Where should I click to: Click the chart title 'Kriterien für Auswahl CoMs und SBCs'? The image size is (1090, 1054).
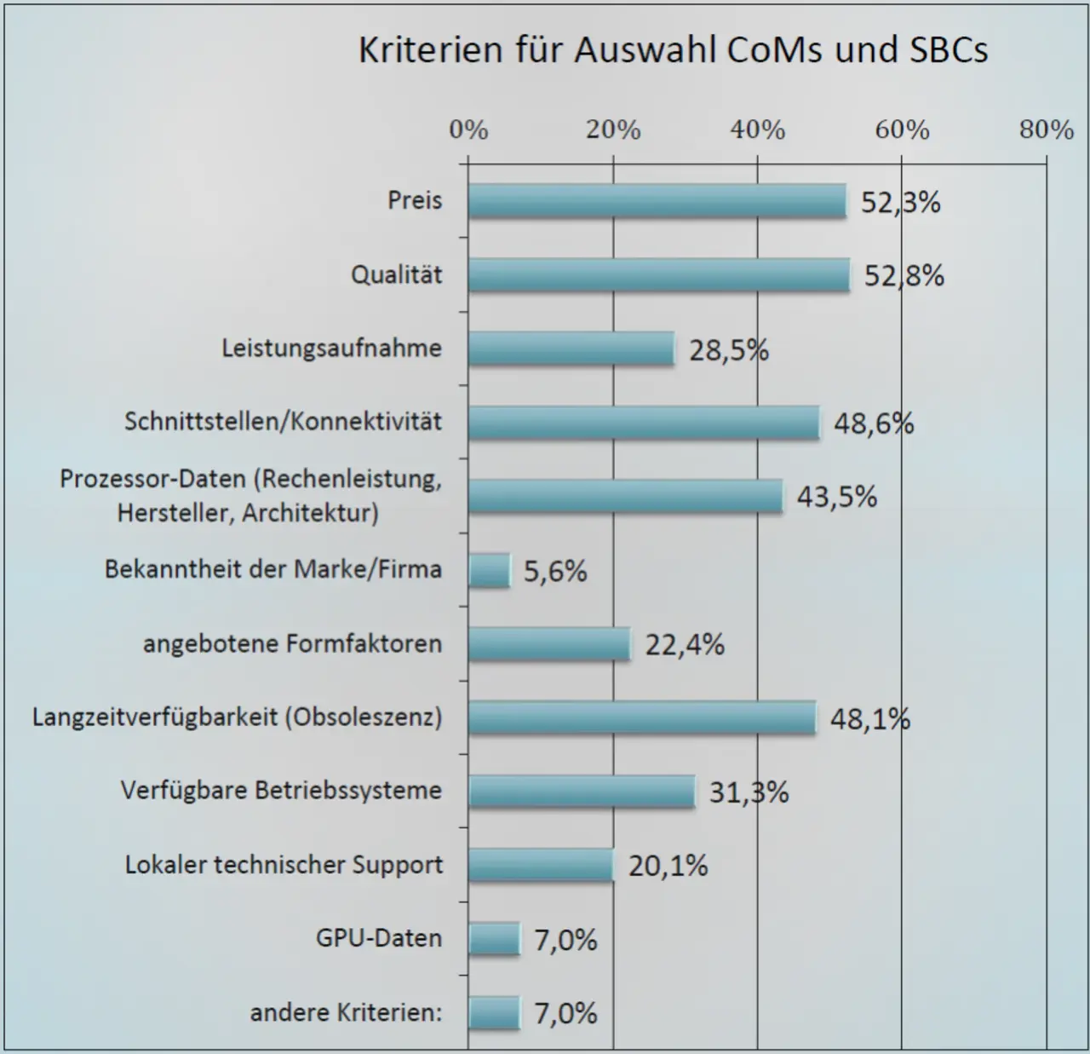pyautogui.click(x=673, y=50)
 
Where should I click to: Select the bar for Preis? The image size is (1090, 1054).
pyautogui.click(x=657, y=202)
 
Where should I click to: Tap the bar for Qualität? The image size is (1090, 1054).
pyautogui.click(x=659, y=275)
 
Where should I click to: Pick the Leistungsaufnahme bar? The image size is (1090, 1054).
pyautogui.click(x=571, y=349)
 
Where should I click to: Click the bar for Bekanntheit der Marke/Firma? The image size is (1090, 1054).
pyautogui.click(x=489, y=570)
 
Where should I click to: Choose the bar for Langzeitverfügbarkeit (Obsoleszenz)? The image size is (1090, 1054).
pyautogui.click(x=642, y=717)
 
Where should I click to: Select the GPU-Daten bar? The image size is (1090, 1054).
pyautogui.click(x=494, y=939)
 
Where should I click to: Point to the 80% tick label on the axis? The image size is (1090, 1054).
pyautogui.click(x=1047, y=130)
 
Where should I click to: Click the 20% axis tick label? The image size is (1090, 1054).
pyautogui.click(x=613, y=130)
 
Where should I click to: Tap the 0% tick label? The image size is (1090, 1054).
pyautogui.click(x=468, y=130)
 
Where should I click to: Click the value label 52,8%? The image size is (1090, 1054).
pyautogui.click(x=904, y=276)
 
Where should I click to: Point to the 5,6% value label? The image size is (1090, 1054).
pyautogui.click(x=555, y=571)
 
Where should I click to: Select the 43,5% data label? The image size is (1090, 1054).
pyautogui.click(x=836, y=497)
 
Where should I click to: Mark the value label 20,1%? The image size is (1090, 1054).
pyautogui.click(x=668, y=866)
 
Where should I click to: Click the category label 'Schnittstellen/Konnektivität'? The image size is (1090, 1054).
pyautogui.click(x=284, y=421)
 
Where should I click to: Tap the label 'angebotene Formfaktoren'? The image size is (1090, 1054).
pyautogui.click(x=292, y=643)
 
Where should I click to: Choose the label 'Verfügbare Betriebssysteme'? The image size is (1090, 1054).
pyautogui.click(x=281, y=791)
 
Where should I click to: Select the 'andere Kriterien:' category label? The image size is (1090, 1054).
pyautogui.click(x=346, y=1013)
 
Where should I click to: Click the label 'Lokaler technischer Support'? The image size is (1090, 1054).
pyautogui.click(x=284, y=865)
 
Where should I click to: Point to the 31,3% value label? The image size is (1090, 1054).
pyautogui.click(x=749, y=792)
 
